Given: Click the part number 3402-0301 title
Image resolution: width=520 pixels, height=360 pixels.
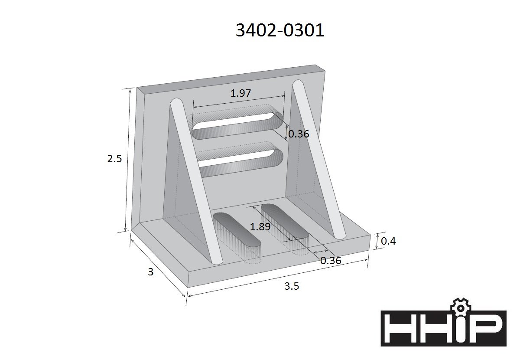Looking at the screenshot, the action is (280, 30).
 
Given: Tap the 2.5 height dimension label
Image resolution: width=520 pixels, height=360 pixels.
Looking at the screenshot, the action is (114, 159).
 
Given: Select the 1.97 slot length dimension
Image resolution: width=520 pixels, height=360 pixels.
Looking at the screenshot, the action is (240, 93).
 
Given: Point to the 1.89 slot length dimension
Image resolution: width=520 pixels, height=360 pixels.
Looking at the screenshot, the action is (260, 226).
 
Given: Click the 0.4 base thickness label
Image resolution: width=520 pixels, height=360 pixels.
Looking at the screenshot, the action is (388, 241).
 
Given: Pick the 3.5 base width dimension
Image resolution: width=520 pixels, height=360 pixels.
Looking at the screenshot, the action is (292, 286).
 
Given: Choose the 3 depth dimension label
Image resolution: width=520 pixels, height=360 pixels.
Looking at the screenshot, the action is (151, 272).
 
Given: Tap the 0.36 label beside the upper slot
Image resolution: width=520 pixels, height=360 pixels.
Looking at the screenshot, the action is (299, 134).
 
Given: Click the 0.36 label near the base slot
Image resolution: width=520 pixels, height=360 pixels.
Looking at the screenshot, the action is (331, 261).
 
